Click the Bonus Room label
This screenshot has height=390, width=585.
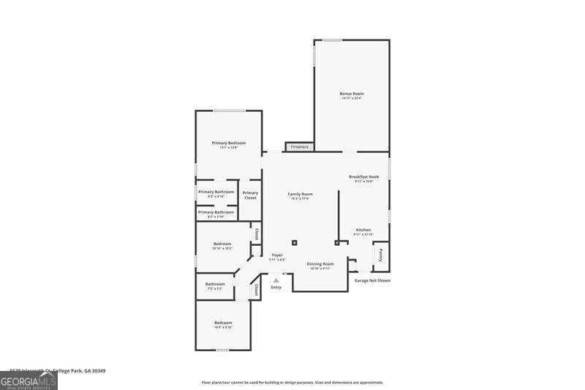coord(351,94)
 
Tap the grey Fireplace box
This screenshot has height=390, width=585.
coord(299,147)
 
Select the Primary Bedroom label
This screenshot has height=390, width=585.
coord(228,143)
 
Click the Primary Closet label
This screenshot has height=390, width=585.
coord(250,195)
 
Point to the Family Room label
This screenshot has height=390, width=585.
coord(300,193)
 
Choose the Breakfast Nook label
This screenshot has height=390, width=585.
coord(363,177)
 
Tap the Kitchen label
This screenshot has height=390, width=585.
coord(363,230)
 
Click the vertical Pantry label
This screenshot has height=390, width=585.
coord(381,256)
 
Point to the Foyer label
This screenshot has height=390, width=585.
coord(277,255)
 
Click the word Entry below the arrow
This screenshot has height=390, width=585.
coord(276,287)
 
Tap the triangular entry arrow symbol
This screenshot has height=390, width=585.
coord(276,280)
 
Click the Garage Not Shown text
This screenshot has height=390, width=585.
coord(372,280)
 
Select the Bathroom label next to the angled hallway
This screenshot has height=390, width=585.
coord(215,284)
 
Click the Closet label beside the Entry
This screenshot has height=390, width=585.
coord(257,290)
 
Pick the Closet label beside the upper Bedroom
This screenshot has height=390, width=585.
coord(256,235)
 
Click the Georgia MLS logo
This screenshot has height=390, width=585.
coord(29,380)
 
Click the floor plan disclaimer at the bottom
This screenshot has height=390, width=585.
coord(292,382)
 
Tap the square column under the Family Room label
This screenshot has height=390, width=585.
coord(294,242)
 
